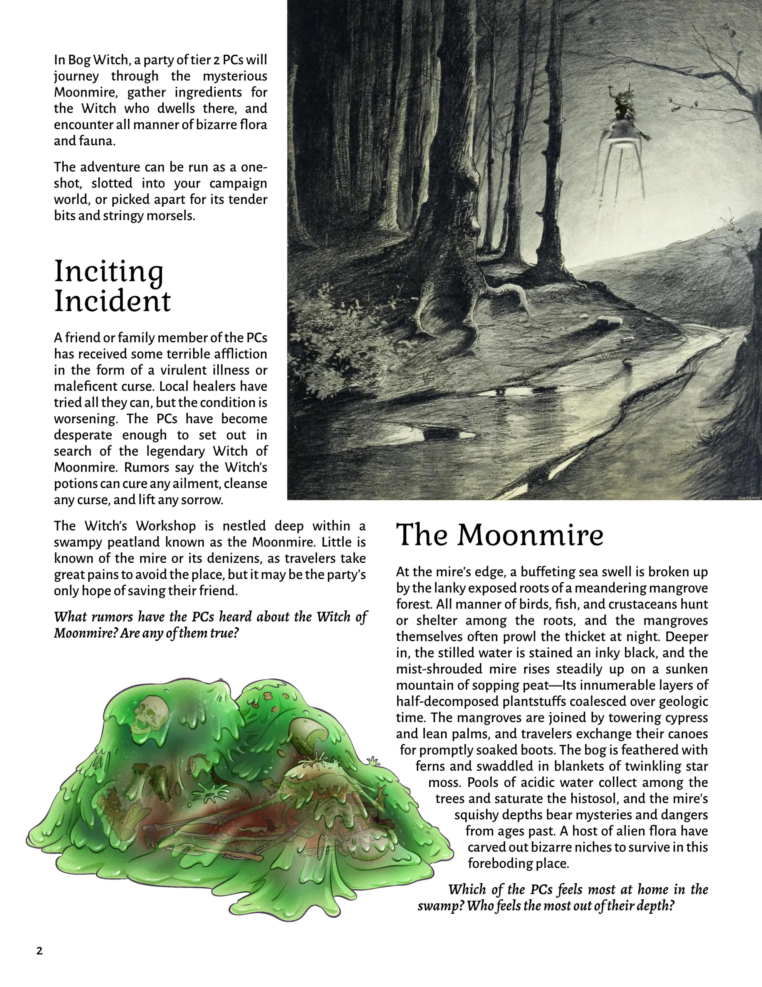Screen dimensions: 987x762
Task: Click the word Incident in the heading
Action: (x=112, y=301)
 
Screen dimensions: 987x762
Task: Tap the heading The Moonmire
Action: (x=500, y=535)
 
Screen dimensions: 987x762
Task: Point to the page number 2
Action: (x=39, y=951)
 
